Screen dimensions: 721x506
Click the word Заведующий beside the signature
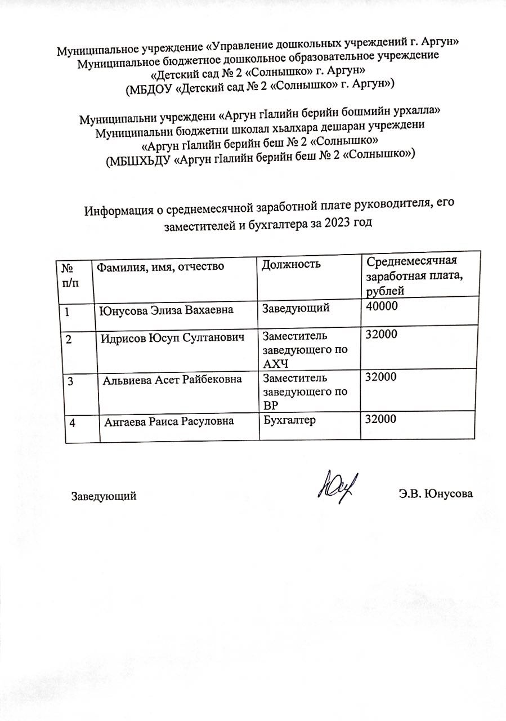pos(104,497)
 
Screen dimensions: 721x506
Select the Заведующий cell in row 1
pos(295,307)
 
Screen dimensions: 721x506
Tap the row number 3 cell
pos(71,381)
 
